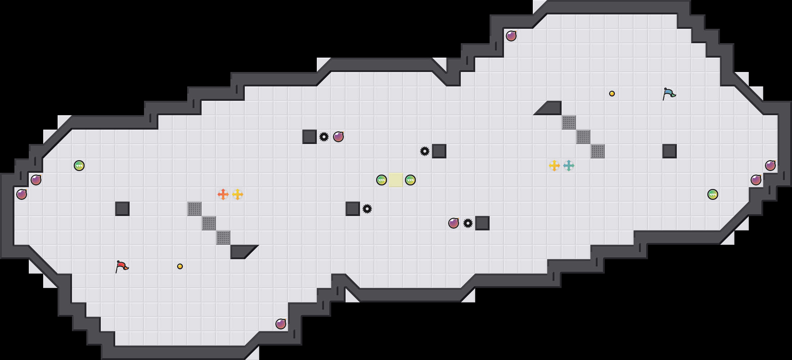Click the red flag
coord(122,266)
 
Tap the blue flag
coord(669,94)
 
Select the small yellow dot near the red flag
coord(180,266)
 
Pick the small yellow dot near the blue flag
coord(612,94)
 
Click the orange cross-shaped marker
coord(223,194)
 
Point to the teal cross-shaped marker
coord(569,166)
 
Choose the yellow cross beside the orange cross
coord(238,194)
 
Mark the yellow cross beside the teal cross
coord(554,166)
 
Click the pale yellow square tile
coord(396,180)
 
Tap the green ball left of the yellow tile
coord(382,180)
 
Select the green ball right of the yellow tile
coord(410,180)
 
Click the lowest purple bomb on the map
coord(281,324)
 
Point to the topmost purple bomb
coord(511,36)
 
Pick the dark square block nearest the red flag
coord(122,209)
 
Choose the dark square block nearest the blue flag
coord(670,151)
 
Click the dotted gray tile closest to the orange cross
coord(194,209)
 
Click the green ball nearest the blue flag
coord(713,194)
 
